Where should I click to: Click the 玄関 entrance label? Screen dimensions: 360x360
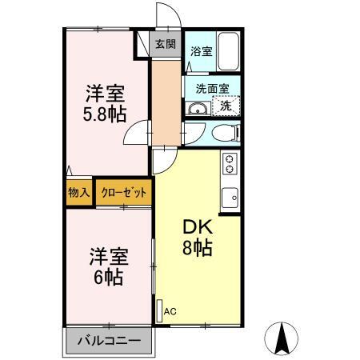[166, 45]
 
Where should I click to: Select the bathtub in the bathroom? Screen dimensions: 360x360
[230, 53]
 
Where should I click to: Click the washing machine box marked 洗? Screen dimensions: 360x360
[226, 105]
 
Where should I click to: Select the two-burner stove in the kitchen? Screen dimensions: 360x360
[230, 164]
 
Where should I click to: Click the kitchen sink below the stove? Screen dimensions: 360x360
[230, 194]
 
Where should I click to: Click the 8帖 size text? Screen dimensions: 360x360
[197, 249]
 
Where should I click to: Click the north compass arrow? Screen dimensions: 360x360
[284, 338]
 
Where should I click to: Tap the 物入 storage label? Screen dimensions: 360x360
[78, 193]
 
